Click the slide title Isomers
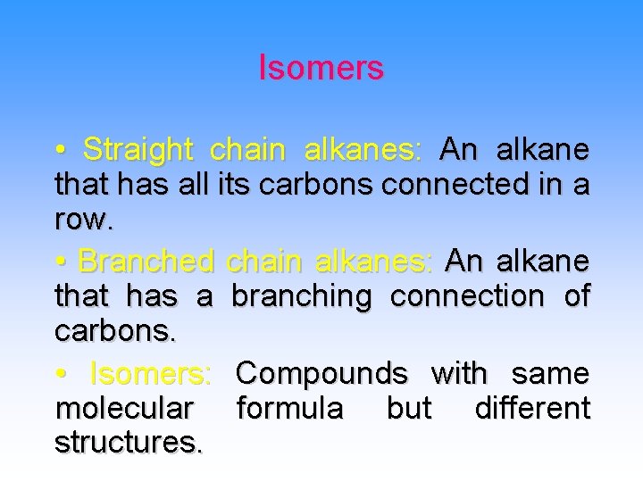(x=321, y=68)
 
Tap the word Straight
(x=138, y=149)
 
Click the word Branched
(x=146, y=262)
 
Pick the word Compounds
(x=322, y=372)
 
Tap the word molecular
(x=124, y=409)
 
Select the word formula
(x=289, y=409)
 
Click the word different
(x=532, y=409)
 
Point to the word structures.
(x=129, y=444)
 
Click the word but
(x=408, y=409)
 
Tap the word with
(x=459, y=372)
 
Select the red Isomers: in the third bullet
(x=151, y=372)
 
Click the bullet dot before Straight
(x=59, y=151)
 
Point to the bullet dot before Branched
(x=59, y=262)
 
